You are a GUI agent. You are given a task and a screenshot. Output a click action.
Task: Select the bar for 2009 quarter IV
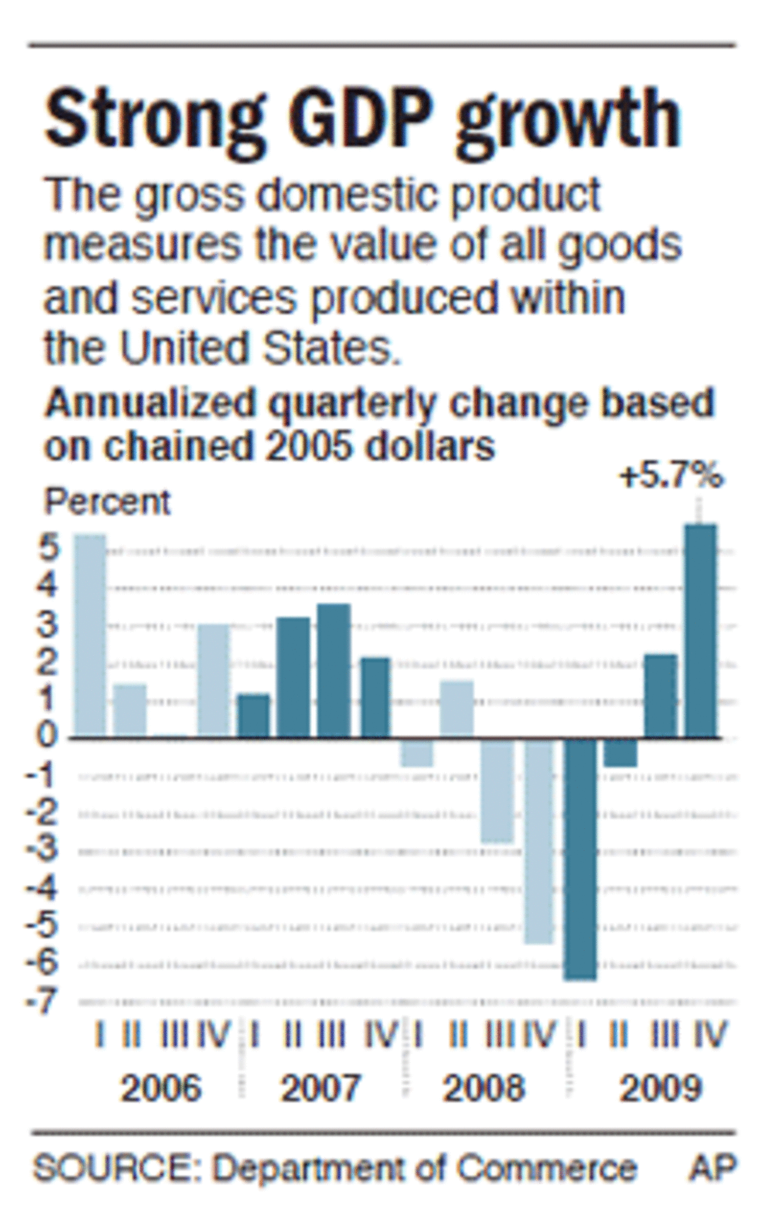(701, 631)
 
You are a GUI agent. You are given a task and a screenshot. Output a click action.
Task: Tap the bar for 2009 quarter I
(580, 858)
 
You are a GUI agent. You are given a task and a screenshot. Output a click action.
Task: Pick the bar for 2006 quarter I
(90, 635)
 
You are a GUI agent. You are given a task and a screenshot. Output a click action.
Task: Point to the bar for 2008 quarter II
(457, 709)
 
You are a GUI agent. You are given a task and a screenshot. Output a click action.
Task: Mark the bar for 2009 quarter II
(620, 753)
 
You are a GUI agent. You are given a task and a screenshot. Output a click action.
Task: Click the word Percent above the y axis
(108, 502)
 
